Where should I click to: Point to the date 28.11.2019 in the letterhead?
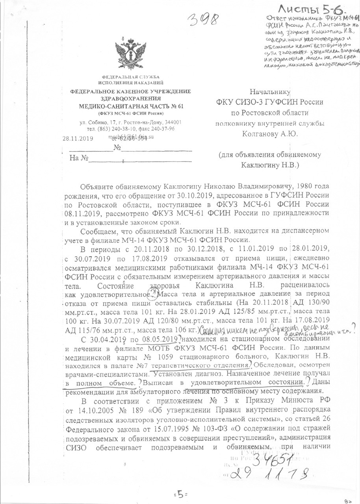tap(77, 138)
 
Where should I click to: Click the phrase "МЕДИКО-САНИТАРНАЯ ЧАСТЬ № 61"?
tap(130, 106)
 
